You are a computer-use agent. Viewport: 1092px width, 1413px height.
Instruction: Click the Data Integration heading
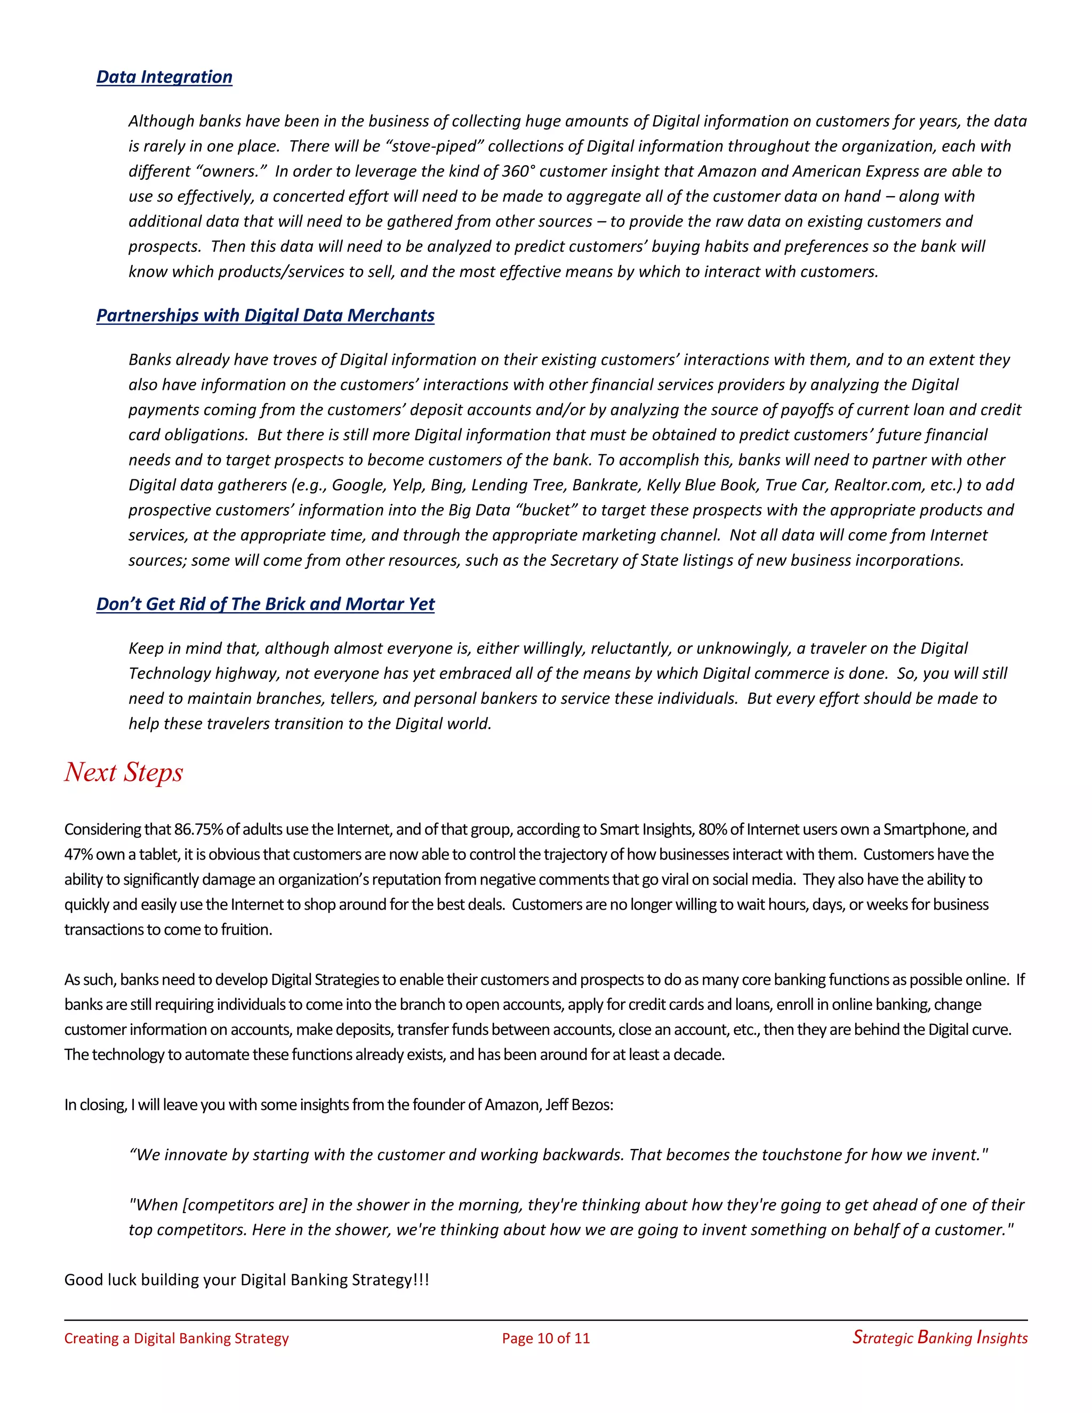(164, 77)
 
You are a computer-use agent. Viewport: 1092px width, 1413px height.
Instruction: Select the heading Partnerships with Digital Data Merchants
(265, 315)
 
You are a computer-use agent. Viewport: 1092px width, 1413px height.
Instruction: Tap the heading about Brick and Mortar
(265, 604)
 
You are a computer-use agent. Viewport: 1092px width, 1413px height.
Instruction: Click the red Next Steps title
(124, 772)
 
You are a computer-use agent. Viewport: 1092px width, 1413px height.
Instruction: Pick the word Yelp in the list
(407, 485)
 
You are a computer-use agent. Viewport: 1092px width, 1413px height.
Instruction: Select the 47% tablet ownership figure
(78, 855)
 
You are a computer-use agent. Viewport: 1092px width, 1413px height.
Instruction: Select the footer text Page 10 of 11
(545, 1338)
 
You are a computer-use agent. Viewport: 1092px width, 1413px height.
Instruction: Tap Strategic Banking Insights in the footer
(940, 1337)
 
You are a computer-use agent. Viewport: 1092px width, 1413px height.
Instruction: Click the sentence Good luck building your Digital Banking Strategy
(246, 1280)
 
